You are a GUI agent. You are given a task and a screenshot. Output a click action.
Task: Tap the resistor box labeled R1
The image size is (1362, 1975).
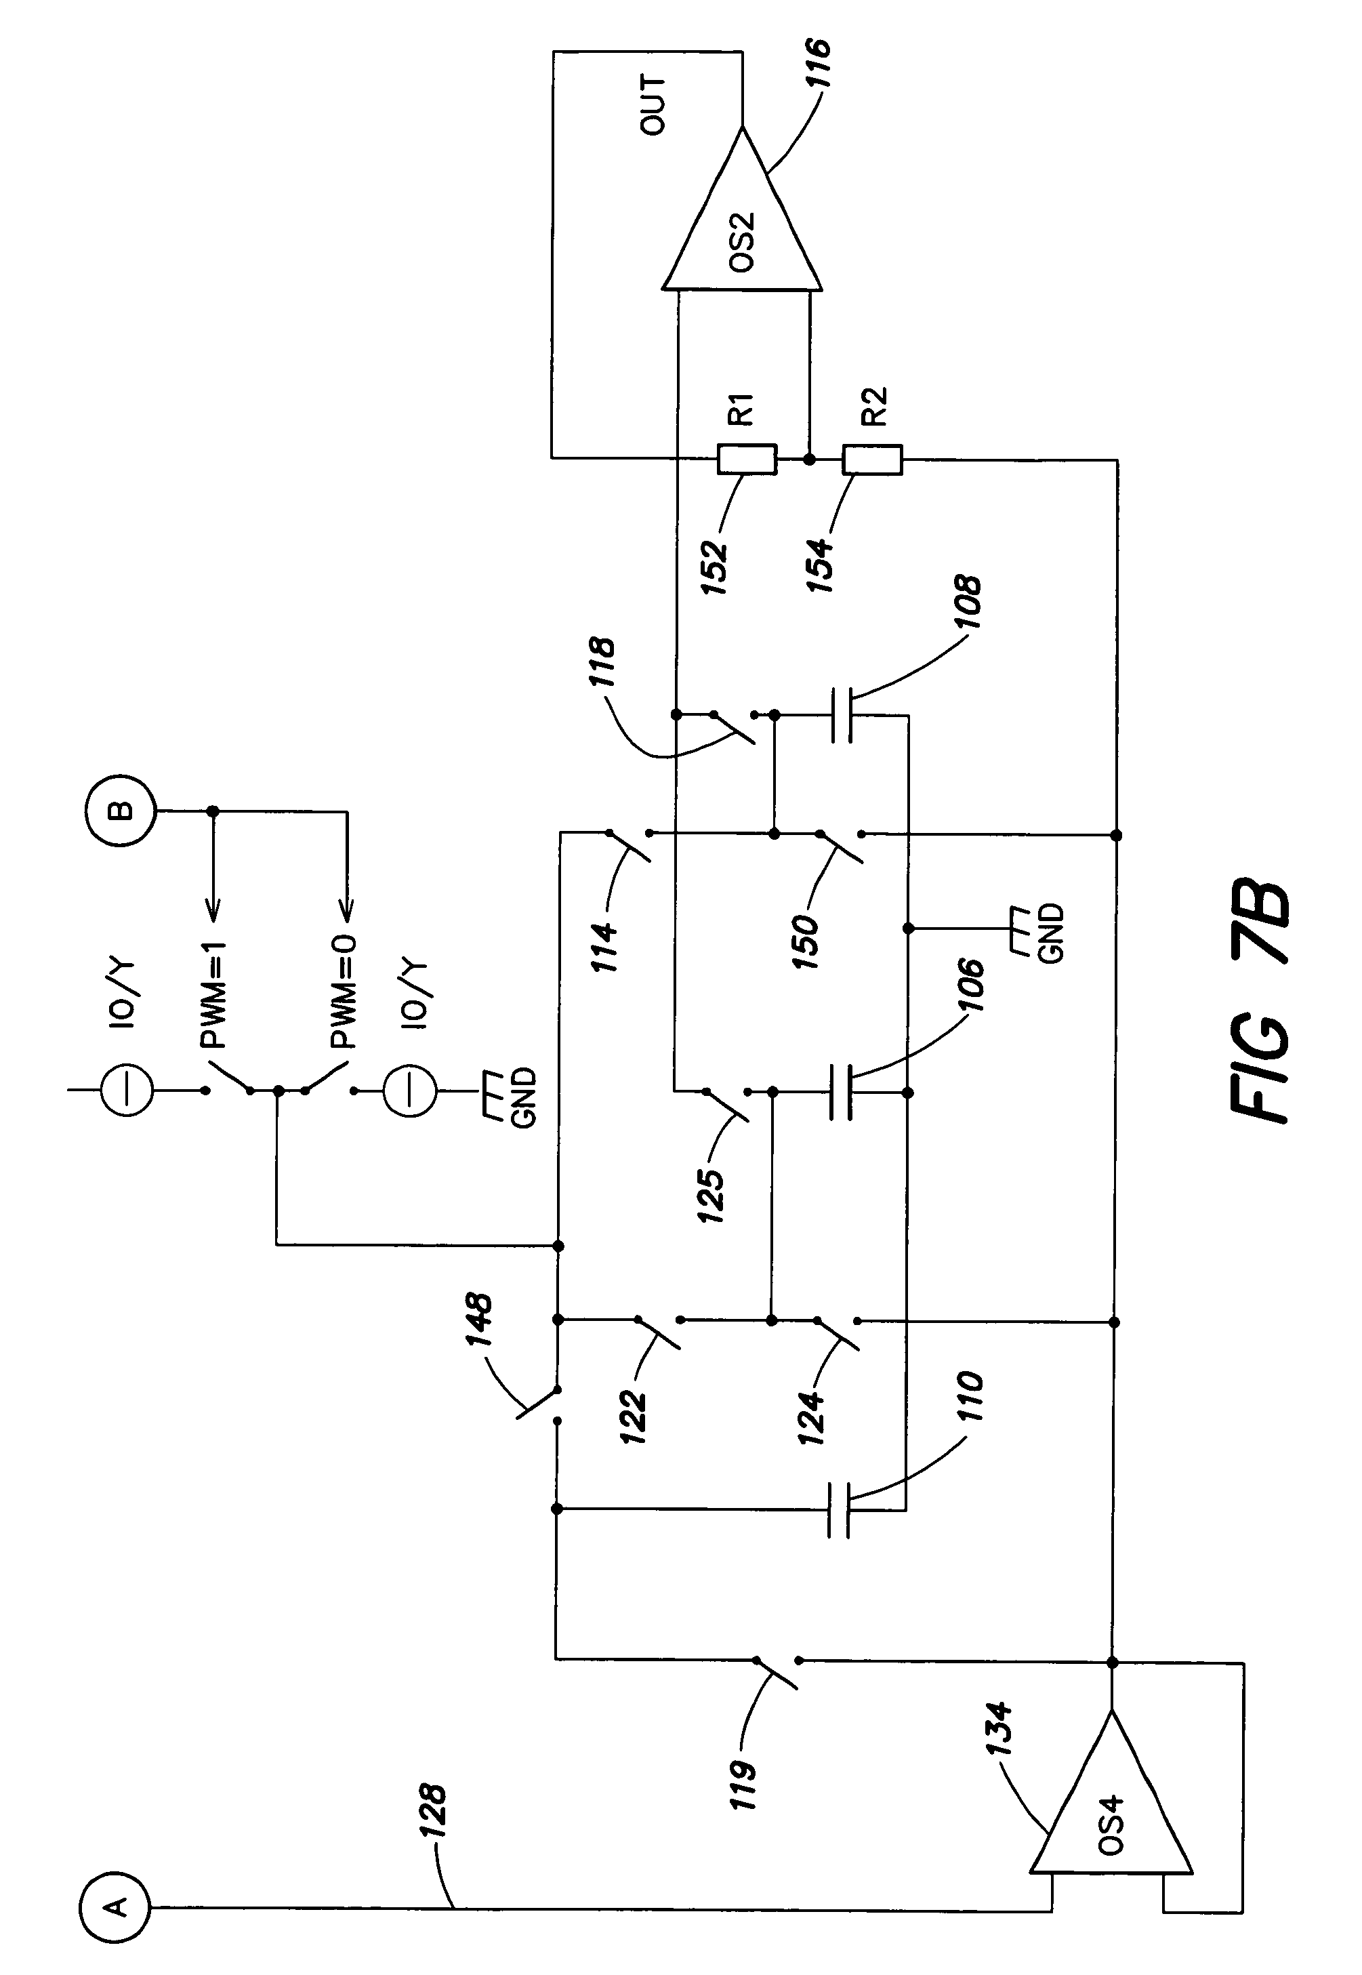747,459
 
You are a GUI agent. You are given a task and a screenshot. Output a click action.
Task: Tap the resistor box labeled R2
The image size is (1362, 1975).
872,459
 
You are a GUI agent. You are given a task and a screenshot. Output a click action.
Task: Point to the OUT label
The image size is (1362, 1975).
653,105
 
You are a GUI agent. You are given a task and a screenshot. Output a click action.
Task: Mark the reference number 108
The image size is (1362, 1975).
967,603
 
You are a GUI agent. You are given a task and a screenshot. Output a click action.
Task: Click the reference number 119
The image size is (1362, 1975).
741,1785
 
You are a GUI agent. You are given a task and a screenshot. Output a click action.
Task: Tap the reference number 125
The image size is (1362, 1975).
709,1195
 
